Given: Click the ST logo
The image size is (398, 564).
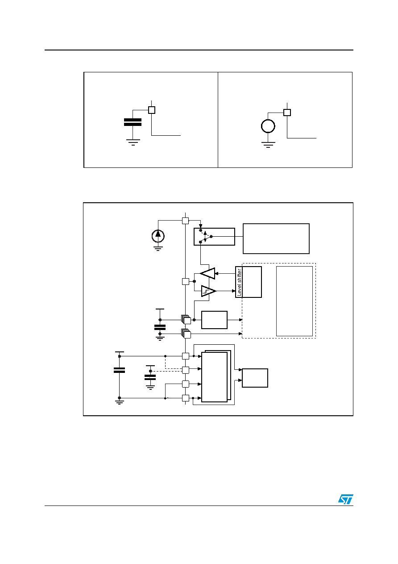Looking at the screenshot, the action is pyautogui.click(x=345, y=499).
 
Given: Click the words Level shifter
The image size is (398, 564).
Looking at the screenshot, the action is pyautogui.click(x=239, y=282).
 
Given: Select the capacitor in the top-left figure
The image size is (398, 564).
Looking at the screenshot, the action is pyautogui.click(x=133, y=122).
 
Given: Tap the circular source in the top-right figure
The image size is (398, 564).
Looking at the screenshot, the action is pyautogui.click(x=268, y=126).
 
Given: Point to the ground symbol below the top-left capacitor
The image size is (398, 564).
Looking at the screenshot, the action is pyautogui.click(x=133, y=142).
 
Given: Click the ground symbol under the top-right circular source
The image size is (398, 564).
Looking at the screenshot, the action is pyautogui.click(x=268, y=145).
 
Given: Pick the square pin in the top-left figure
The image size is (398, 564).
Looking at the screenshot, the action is pyautogui.click(x=152, y=110).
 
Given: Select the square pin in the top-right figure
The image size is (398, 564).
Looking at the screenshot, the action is pyautogui.click(x=287, y=112).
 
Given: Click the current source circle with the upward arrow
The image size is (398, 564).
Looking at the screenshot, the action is pyautogui.click(x=158, y=236).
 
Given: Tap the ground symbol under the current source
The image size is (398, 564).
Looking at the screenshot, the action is pyautogui.click(x=158, y=249).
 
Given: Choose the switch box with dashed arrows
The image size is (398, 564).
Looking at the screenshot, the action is pyautogui.click(x=214, y=237).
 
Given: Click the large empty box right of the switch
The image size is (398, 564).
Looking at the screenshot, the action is pyautogui.click(x=276, y=238).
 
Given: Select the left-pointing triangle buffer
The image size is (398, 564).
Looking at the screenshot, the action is pyautogui.click(x=208, y=273).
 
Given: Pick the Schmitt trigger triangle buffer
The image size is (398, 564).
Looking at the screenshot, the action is pyautogui.click(x=208, y=291).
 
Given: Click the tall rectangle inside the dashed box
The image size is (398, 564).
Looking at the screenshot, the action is pyautogui.click(x=294, y=301).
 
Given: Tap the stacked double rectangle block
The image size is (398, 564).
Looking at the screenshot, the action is pyautogui.click(x=216, y=376).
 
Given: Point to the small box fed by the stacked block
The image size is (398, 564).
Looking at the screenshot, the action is pyautogui.click(x=255, y=378).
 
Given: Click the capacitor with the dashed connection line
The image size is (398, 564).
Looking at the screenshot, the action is pyautogui.click(x=150, y=377).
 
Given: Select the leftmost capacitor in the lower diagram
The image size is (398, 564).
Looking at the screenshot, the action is pyautogui.click(x=119, y=370).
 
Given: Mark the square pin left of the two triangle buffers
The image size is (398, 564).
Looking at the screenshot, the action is pyautogui.click(x=186, y=281).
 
